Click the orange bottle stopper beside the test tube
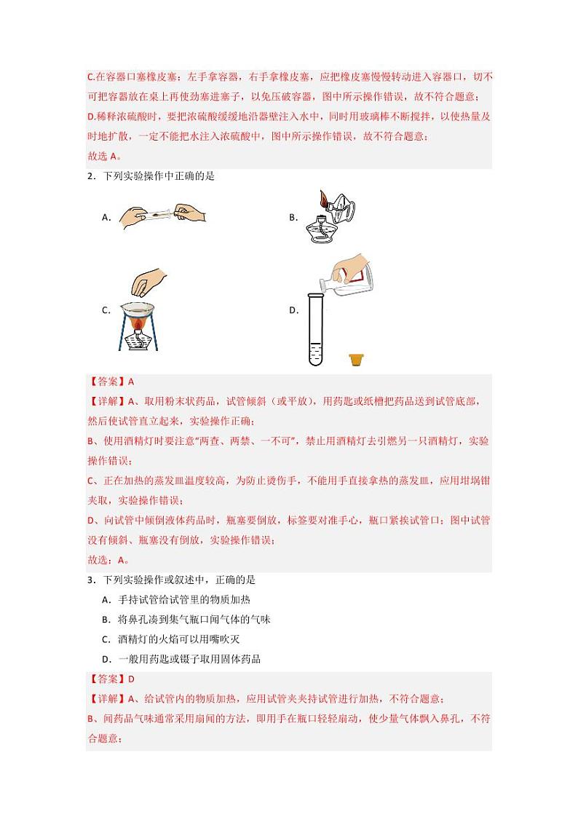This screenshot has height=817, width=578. pyautogui.click(x=356, y=359)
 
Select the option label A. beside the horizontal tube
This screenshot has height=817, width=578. pyautogui.click(x=106, y=216)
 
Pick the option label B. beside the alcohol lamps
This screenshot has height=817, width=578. pyautogui.click(x=293, y=217)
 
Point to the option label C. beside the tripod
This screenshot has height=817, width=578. pyautogui.click(x=106, y=310)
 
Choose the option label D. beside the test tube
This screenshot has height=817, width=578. pyautogui.click(x=293, y=310)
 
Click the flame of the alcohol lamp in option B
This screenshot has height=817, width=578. pyautogui.click(x=322, y=200)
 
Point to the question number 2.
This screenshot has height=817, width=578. pyautogui.click(x=89, y=175)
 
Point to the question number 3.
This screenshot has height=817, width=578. pyautogui.click(x=89, y=580)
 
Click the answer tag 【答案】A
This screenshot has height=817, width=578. pyautogui.click(x=110, y=381)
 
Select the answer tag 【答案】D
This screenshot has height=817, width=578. pyautogui.click(x=111, y=679)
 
